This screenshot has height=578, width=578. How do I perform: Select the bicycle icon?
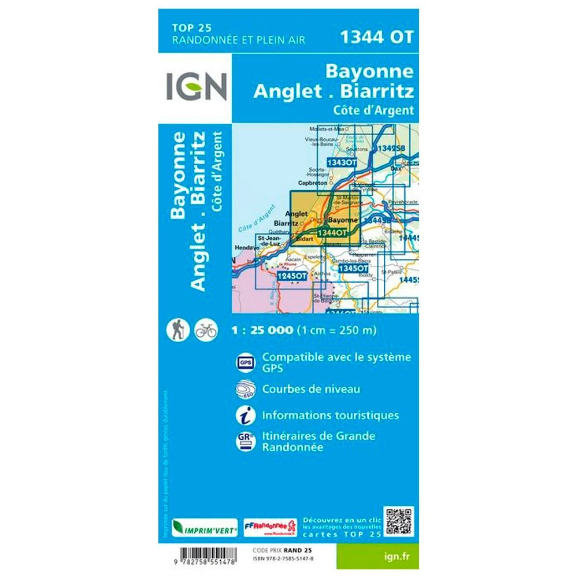click(206, 330)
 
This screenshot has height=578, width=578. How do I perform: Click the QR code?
click(399, 522)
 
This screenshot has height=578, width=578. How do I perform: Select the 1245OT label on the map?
click(291, 277)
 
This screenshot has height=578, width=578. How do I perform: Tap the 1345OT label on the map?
click(353, 269)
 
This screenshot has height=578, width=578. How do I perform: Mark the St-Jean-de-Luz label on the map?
click(269, 240)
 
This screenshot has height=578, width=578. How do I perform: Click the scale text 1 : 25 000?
click(261, 331)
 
